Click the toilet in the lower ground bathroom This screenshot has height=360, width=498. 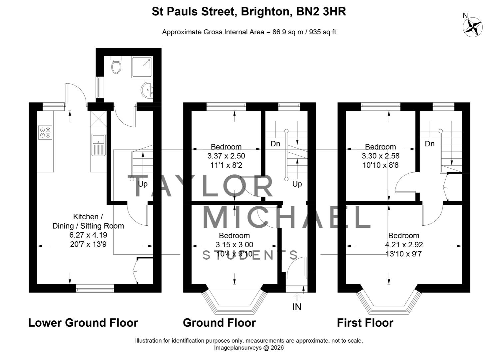pyautogui.click(x=117, y=65)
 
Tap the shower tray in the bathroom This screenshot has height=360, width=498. pyautogui.click(x=142, y=67)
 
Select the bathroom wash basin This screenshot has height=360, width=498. pyautogui.click(x=147, y=90)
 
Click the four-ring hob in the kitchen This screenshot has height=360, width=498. pyautogui.click(x=45, y=133)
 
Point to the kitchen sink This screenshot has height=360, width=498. pyautogui.click(x=99, y=145)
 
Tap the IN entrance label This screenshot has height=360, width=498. pyautogui.click(x=297, y=307)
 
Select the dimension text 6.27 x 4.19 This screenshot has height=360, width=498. pyautogui.click(x=88, y=235)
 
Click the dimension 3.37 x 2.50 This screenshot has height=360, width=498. pyautogui.click(x=226, y=156)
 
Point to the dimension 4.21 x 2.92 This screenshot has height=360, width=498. pyautogui.click(x=404, y=245)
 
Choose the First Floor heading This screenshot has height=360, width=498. pyautogui.click(x=365, y=323)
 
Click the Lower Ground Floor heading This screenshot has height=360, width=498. pyautogui.click(x=83, y=323)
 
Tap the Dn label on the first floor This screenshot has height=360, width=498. pyautogui.click(x=429, y=144)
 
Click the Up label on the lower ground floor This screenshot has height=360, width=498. pyautogui.click(x=143, y=184)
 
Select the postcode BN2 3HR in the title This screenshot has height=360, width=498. pyautogui.click(x=321, y=12)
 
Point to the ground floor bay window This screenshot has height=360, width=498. pyautogui.click(x=234, y=301)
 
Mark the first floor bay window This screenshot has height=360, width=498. pyautogui.click(x=389, y=301)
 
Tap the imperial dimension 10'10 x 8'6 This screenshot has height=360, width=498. pyautogui.click(x=380, y=165)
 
